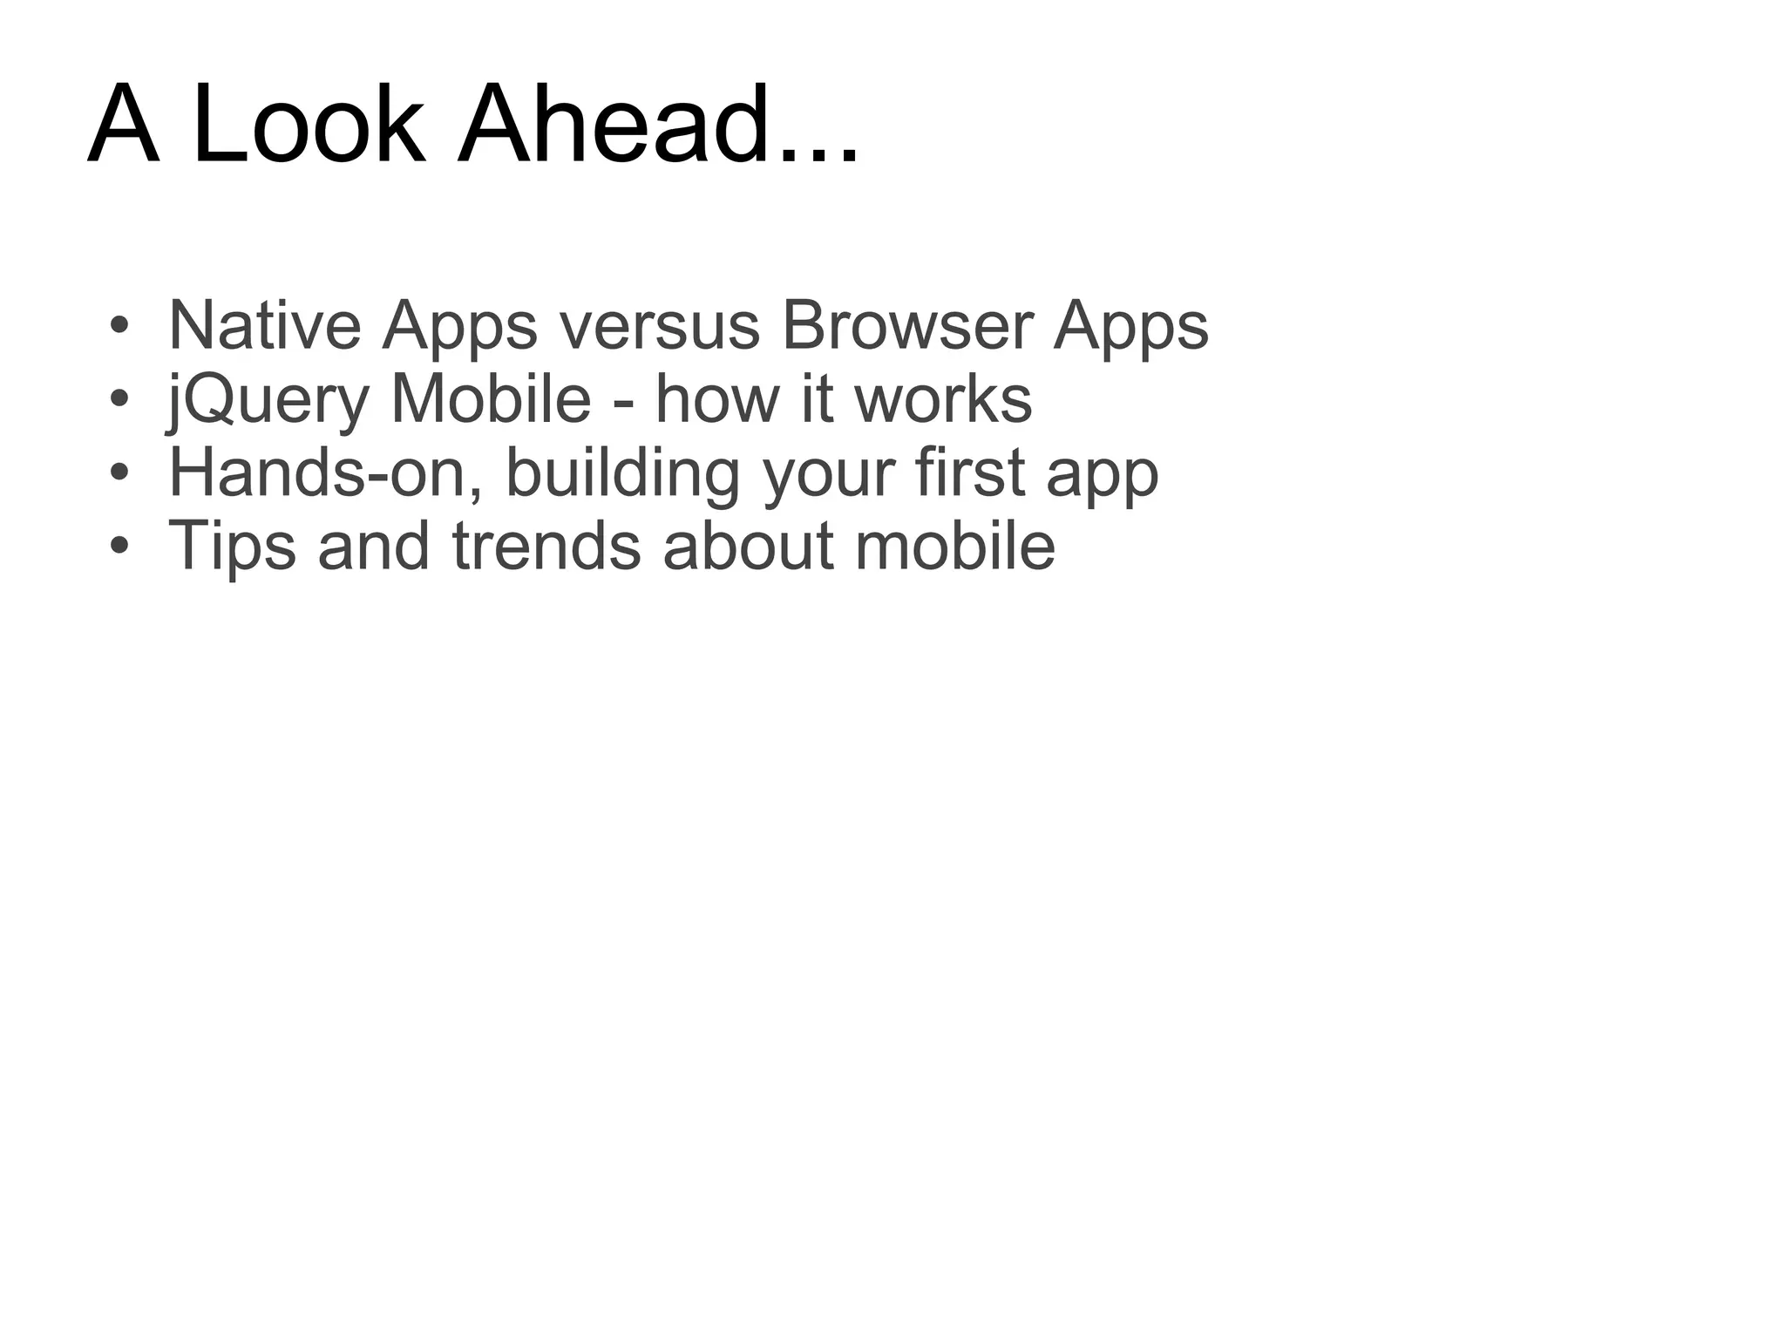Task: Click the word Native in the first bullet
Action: (264, 325)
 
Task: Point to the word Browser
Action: (907, 325)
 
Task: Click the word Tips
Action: (232, 547)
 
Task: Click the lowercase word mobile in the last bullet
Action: (955, 547)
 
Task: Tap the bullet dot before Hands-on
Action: (119, 474)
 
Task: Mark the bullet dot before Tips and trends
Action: (119, 547)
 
